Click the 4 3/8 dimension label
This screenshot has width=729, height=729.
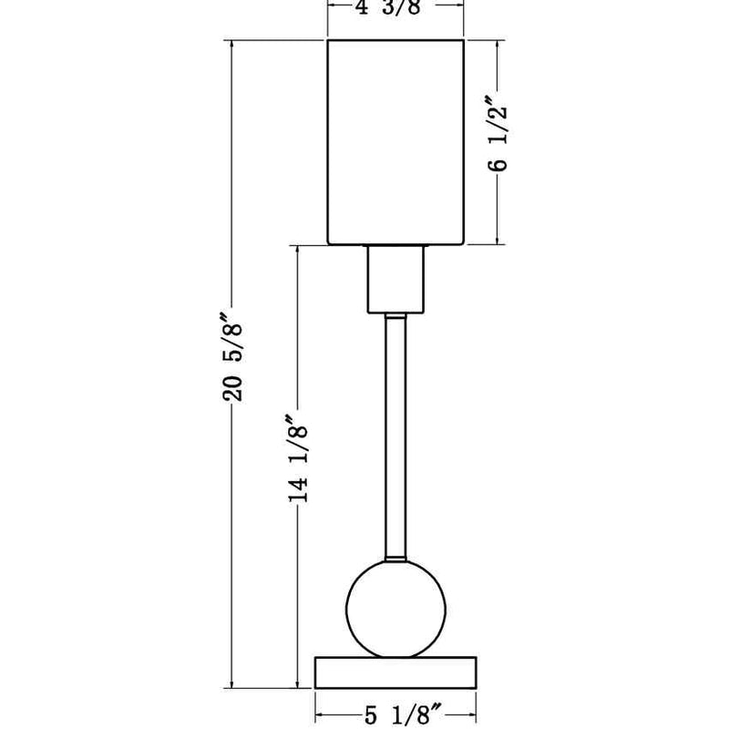[x=389, y=7]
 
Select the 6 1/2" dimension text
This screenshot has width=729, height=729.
[x=498, y=133]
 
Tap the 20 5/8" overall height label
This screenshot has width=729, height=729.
[x=232, y=357]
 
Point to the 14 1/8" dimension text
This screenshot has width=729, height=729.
[x=298, y=458]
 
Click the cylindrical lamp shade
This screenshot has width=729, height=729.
[x=395, y=142]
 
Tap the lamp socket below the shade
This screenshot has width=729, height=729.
[x=395, y=280]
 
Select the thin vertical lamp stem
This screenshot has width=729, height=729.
[x=395, y=438]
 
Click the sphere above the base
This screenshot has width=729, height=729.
[x=395, y=609]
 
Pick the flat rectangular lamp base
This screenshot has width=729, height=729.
[x=395, y=673]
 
